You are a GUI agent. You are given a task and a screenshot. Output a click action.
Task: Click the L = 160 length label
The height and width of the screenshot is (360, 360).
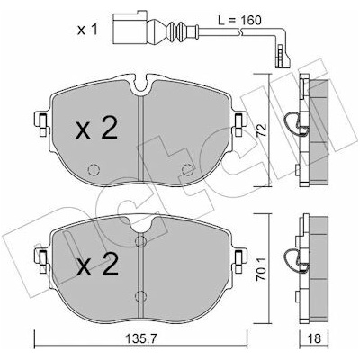(x=239, y=21)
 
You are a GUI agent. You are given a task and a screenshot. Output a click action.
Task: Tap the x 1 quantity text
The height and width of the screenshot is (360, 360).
(x=87, y=30)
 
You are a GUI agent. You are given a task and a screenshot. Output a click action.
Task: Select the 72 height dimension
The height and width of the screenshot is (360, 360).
(x=262, y=130)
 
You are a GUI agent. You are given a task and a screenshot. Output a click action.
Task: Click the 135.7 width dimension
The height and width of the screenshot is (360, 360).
(x=141, y=339)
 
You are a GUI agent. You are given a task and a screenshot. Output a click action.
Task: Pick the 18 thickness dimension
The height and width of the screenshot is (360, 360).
(x=314, y=339)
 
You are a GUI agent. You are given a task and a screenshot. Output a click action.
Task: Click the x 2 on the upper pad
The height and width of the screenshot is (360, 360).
(x=96, y=129)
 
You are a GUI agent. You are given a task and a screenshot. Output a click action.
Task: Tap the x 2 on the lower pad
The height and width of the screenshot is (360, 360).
(x=97, y=265)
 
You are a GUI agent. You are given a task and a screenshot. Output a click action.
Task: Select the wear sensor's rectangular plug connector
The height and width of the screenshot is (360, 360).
(x=130, y=28)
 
